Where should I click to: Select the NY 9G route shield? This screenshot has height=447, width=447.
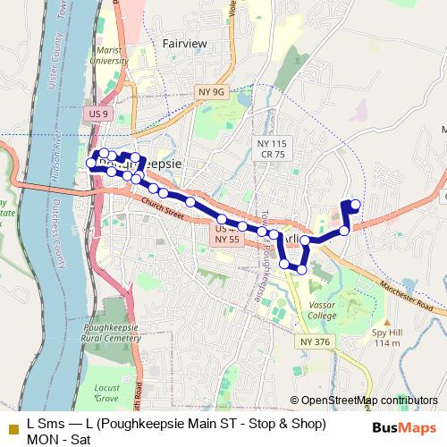(x=207, y=90)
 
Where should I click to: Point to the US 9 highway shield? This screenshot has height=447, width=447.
(x=99, y=114)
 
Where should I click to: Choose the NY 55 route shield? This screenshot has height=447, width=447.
(x=227, y=240)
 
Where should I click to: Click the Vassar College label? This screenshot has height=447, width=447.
(x=322, y=309)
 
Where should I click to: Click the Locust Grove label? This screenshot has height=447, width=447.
(x=106, y=392)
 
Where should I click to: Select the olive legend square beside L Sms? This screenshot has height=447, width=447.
(x=13, y=428)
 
